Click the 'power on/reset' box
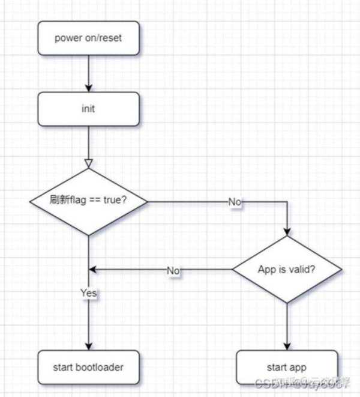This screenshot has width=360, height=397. [x=88, y=38]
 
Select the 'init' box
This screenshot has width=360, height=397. [x=88, y=110]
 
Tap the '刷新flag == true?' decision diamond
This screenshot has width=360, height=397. [x=89, y=201]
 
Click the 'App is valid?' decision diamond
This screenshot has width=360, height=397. [x=287, y=269]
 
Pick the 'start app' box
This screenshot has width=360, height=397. [x=287, y=367]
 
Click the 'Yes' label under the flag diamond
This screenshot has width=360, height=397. [x=89, y=293]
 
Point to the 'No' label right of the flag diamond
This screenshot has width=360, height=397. [x=235, y=202]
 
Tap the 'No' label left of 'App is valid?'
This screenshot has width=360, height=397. [x=173, y=270]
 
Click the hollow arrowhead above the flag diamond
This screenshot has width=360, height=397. [x=89, y=163]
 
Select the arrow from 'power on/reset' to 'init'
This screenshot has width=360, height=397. [x=88, y=72]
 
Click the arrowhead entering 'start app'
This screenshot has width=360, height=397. [x=287, y=347]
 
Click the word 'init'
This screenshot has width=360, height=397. [x=88, y=110]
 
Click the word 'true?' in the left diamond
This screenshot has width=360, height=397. [x=115, y=201]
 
